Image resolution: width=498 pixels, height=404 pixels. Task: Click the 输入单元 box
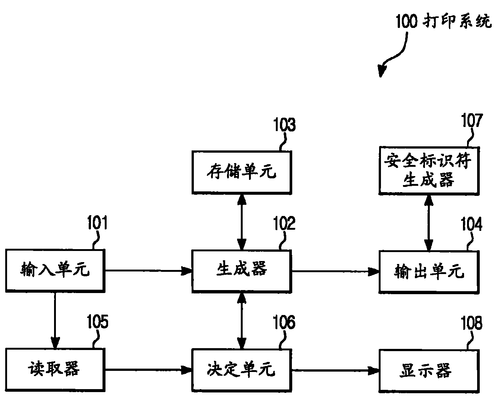[55, 271]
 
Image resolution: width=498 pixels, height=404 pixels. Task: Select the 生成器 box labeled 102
[242, 271]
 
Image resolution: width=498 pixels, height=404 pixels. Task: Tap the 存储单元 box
[242, 172]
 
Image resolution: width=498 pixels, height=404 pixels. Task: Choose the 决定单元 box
[242, 370]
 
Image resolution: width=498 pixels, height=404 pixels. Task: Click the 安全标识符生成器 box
[429, 171]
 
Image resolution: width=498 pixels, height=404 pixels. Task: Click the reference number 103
[284, 125]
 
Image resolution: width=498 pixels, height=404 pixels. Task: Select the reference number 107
[472, 121]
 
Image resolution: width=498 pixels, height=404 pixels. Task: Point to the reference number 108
[472, 323]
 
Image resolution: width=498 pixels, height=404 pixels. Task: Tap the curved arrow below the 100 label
[395, 56]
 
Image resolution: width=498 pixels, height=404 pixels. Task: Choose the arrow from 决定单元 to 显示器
[335, 370]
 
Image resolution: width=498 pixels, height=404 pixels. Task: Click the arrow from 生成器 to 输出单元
[335, 271]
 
